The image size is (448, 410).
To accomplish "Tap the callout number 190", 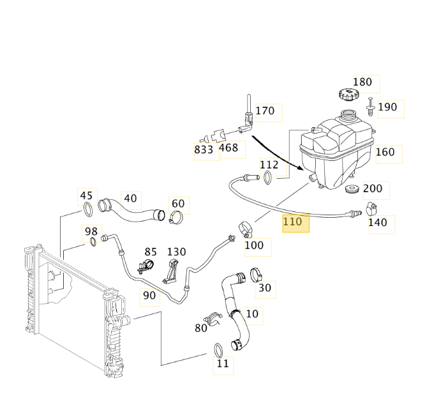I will tap(387, 107).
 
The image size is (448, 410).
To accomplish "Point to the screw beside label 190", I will tap(370, 106).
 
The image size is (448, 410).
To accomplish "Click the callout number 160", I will tap(385, 152).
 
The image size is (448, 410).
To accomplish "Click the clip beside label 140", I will tap(372, 208).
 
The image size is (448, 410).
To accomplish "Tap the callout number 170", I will tap(265, 111).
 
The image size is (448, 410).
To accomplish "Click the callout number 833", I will tap(204, 149).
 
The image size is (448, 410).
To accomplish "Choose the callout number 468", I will tap(228, 148).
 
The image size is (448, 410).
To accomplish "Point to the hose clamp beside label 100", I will tap(245, 227).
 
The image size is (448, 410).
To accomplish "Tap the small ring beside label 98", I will tap(93, 241).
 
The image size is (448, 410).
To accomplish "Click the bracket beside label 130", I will tap(171, 270).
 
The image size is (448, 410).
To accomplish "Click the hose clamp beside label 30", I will tap(255, 275).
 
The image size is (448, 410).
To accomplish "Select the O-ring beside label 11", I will tap(218, 349).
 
